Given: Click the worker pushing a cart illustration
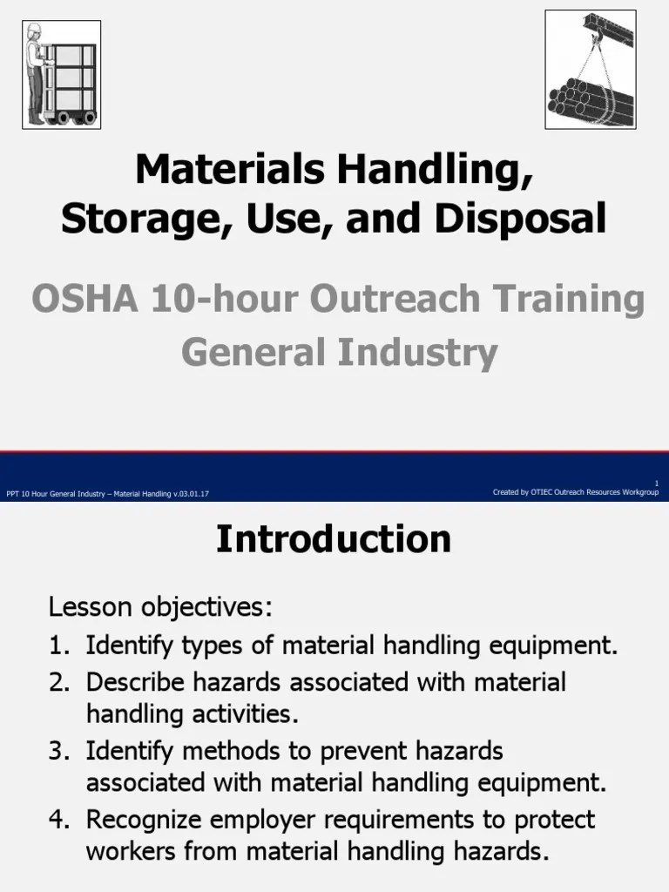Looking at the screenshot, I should pos(60,75).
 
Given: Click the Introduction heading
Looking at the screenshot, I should pos(334,539).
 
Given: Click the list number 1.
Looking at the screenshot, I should pos(58,645).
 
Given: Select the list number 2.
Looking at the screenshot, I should pos(58,680).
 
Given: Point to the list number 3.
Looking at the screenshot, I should pos(58,749).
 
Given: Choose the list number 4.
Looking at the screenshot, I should pos(58,819).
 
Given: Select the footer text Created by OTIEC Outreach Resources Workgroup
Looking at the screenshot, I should pos(575,492).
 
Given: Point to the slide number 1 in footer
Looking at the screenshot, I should pos(656,483).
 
